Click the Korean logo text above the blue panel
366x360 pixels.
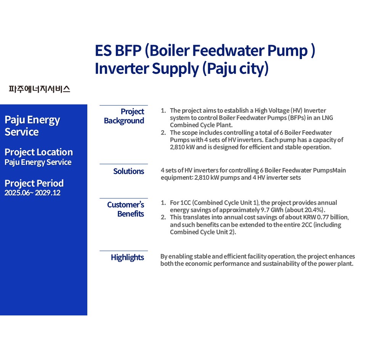39,89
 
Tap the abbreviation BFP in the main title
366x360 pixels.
128,51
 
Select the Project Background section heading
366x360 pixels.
124,116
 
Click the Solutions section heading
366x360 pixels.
128,171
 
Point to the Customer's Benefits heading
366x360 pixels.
125,209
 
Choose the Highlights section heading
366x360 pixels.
127,258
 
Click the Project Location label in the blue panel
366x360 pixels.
39,152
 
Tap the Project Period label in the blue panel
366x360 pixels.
34,184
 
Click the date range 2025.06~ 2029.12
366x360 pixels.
32,193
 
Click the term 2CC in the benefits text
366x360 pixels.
307,225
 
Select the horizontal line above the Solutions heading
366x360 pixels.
124,164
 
